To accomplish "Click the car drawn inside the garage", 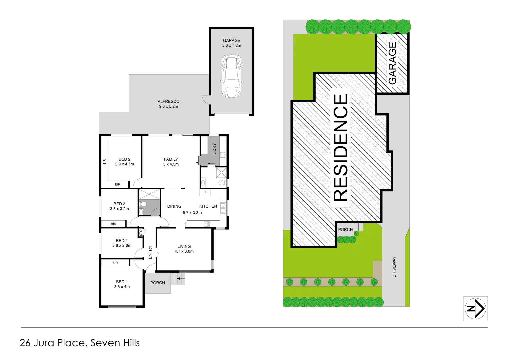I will point(232,76).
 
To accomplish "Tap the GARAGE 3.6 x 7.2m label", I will point(231,43).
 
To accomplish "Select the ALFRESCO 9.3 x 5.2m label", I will point(168,104).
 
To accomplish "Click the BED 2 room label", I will point(124,162).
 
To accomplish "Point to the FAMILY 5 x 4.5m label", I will point(171,162).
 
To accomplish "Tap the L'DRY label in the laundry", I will point(214,149).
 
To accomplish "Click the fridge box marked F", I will point(205,192).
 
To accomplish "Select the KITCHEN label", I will point(208,206).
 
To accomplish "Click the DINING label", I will point(174,206).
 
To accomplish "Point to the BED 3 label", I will point(119,206).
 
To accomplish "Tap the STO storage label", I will point(141,232).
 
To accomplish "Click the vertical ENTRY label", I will point(150,252).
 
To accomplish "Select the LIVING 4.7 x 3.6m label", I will point(184,249).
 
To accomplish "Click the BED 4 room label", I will point(122,243).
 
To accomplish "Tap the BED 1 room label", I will point(122,284).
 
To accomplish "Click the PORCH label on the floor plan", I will point(157,283).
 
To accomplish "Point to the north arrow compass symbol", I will point(475,309).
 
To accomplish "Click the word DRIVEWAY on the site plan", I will point(394,267).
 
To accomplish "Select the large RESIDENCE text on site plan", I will point(340,148).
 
